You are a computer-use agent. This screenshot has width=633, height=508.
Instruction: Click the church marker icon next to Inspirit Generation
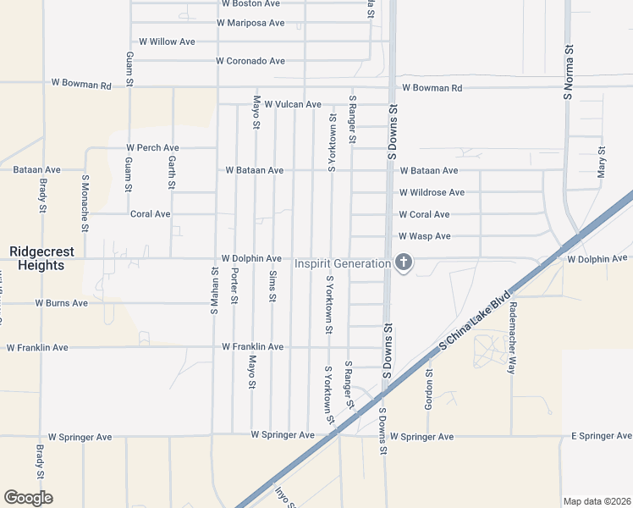coord(404,263)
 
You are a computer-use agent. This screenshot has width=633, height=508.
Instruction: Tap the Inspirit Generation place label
coord(342,264)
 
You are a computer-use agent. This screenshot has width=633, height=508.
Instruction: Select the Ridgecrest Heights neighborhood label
coord(37,258)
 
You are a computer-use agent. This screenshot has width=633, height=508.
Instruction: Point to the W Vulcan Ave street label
coord(293,104)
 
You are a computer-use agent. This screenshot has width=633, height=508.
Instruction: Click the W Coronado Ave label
coord(250,61)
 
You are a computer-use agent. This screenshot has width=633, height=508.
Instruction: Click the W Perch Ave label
coord(152,147)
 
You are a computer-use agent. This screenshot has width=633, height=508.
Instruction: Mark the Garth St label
coord(172,172)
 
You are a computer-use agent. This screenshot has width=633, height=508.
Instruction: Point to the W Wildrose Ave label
coord(432,192)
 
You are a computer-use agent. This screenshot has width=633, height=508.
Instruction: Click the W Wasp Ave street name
coord(425,236)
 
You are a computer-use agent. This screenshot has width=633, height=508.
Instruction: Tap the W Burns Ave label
coord(61,302)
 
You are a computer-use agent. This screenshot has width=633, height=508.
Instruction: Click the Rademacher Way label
coord(512,336)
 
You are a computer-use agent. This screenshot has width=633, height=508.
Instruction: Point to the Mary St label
coord(602,161)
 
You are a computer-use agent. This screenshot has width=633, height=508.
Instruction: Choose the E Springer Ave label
coord(601,436)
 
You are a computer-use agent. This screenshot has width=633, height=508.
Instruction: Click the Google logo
coord(28,497)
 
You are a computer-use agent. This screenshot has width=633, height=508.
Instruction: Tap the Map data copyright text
coord(597,501)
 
